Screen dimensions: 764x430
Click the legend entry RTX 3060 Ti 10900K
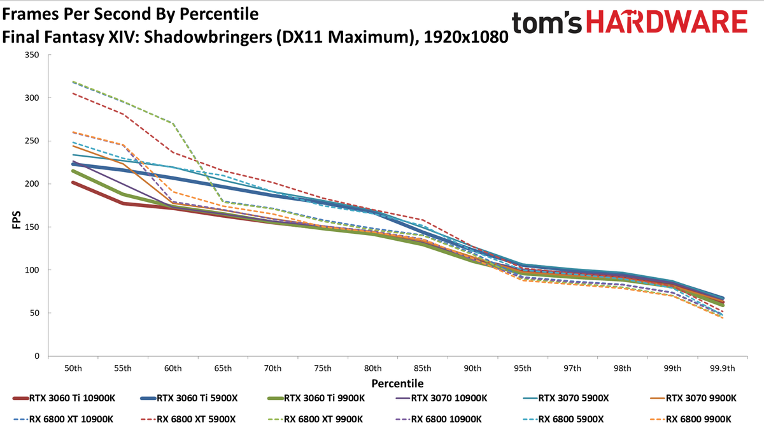(64, 398)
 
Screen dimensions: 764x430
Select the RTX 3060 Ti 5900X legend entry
(189, 398)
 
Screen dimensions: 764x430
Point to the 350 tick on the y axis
(32, 55)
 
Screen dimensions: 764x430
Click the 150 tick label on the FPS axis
(32, 227)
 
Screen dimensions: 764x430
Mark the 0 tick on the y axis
(37, 356)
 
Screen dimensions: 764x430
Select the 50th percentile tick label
(73, 369)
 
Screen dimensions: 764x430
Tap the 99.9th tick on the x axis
(723, 369)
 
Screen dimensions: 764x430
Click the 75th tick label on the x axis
(323, 369)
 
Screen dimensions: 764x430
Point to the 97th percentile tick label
(572, 369)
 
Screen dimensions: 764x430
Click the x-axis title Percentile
(397, 383)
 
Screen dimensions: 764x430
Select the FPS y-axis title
(17, 220)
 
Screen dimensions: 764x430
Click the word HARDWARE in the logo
(667, 22)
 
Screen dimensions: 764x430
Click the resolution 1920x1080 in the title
(466, 37)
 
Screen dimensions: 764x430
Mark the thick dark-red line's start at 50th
(73, 183)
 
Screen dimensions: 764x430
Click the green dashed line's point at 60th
(173, 123)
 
